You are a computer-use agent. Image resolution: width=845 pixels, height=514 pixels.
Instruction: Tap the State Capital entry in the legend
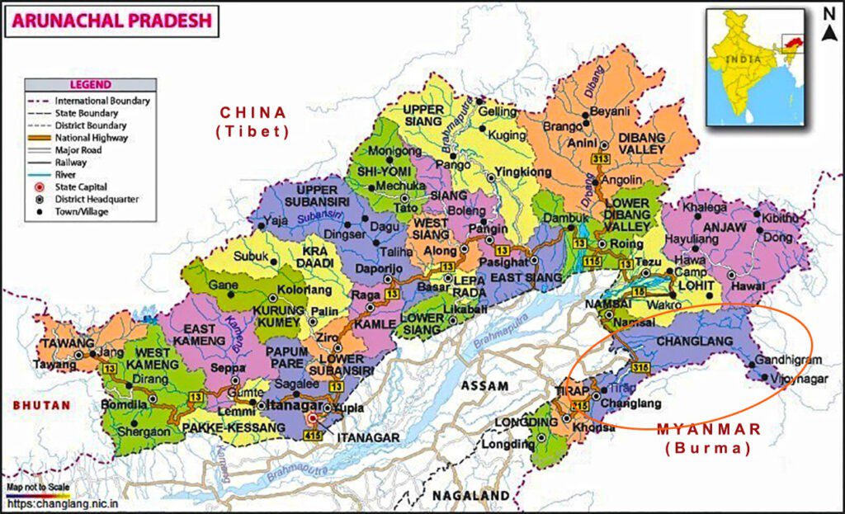tap(81, 187)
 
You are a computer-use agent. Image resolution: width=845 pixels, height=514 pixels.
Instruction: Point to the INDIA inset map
tap(753, 67)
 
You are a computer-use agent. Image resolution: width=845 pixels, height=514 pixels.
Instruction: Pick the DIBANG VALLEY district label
tap(638, 143)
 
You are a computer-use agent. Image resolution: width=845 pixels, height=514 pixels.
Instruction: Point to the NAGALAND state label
tap(470, 495)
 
